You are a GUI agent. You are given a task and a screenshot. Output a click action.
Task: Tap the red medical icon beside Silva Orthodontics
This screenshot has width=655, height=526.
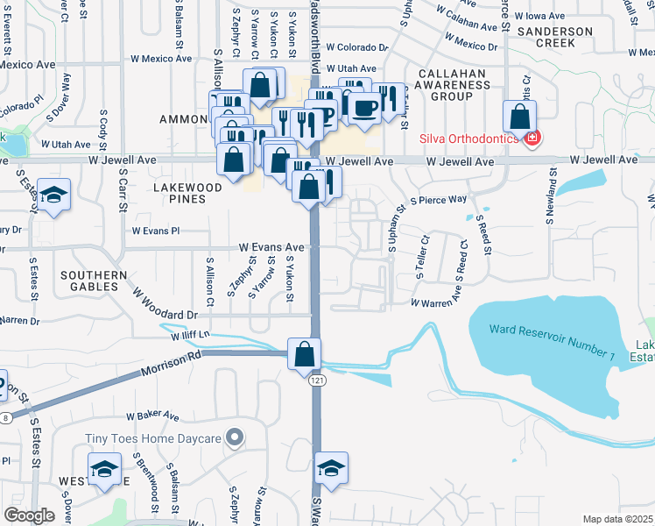pyautogui.click(x=531, y=138)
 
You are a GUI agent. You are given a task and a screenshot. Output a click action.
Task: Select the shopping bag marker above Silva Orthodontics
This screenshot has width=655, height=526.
pyautogui.click(x=520, y=117)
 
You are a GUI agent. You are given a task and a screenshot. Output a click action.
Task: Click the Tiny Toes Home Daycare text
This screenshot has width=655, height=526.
pyautogui.click(x=154, y=437)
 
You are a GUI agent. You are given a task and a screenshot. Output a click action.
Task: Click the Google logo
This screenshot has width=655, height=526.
pyautogui.click(x=29, y=515)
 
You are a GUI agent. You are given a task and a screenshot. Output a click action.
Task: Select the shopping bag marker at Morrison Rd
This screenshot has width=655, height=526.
pyautogui.click(x=303, y=354)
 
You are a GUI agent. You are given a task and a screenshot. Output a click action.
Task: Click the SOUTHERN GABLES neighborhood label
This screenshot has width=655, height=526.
pyautogui.click(x=89, y=281)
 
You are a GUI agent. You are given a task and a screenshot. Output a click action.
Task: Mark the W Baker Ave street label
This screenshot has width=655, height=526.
pyautogui.click(x=152, y=416)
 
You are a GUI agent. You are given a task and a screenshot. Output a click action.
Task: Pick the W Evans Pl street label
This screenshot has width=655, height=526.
pyautogui.click(x=156, y=231)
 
